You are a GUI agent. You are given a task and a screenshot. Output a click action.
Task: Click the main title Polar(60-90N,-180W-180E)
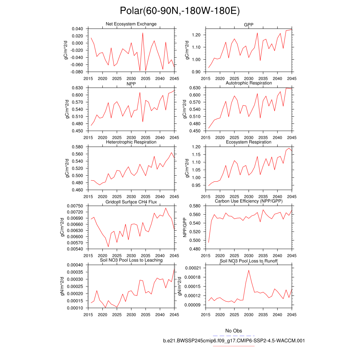(180, 11)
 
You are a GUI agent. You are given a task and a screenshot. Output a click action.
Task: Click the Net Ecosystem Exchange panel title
(131, 24)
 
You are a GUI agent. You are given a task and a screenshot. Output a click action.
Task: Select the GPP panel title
(249, 25)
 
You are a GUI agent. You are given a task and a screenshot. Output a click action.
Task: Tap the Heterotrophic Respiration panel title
(131, 142)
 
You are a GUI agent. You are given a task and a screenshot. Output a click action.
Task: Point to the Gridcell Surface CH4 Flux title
(131, 202)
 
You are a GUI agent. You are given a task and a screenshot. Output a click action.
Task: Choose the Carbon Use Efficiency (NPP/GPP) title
(249, 201)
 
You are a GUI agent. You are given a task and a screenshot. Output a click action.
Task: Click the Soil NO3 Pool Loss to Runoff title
(249, 261)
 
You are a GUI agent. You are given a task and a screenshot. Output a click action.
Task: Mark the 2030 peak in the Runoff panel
(249, 270)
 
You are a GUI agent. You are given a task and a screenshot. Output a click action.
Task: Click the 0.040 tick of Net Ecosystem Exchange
(77, 29)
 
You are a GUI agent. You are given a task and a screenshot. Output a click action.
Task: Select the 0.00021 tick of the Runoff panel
(193, 268)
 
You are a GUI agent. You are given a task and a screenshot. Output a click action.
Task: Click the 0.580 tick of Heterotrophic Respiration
(77, 147)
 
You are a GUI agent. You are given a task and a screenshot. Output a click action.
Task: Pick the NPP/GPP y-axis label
(185, 227)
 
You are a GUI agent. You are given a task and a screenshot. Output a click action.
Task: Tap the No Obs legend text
(233, 331)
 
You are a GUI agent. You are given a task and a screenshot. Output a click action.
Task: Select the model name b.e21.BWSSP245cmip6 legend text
(234, 341)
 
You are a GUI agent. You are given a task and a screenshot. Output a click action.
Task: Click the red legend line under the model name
(234, 346)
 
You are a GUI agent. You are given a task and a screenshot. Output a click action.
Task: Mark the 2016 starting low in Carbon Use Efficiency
(208, 242)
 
